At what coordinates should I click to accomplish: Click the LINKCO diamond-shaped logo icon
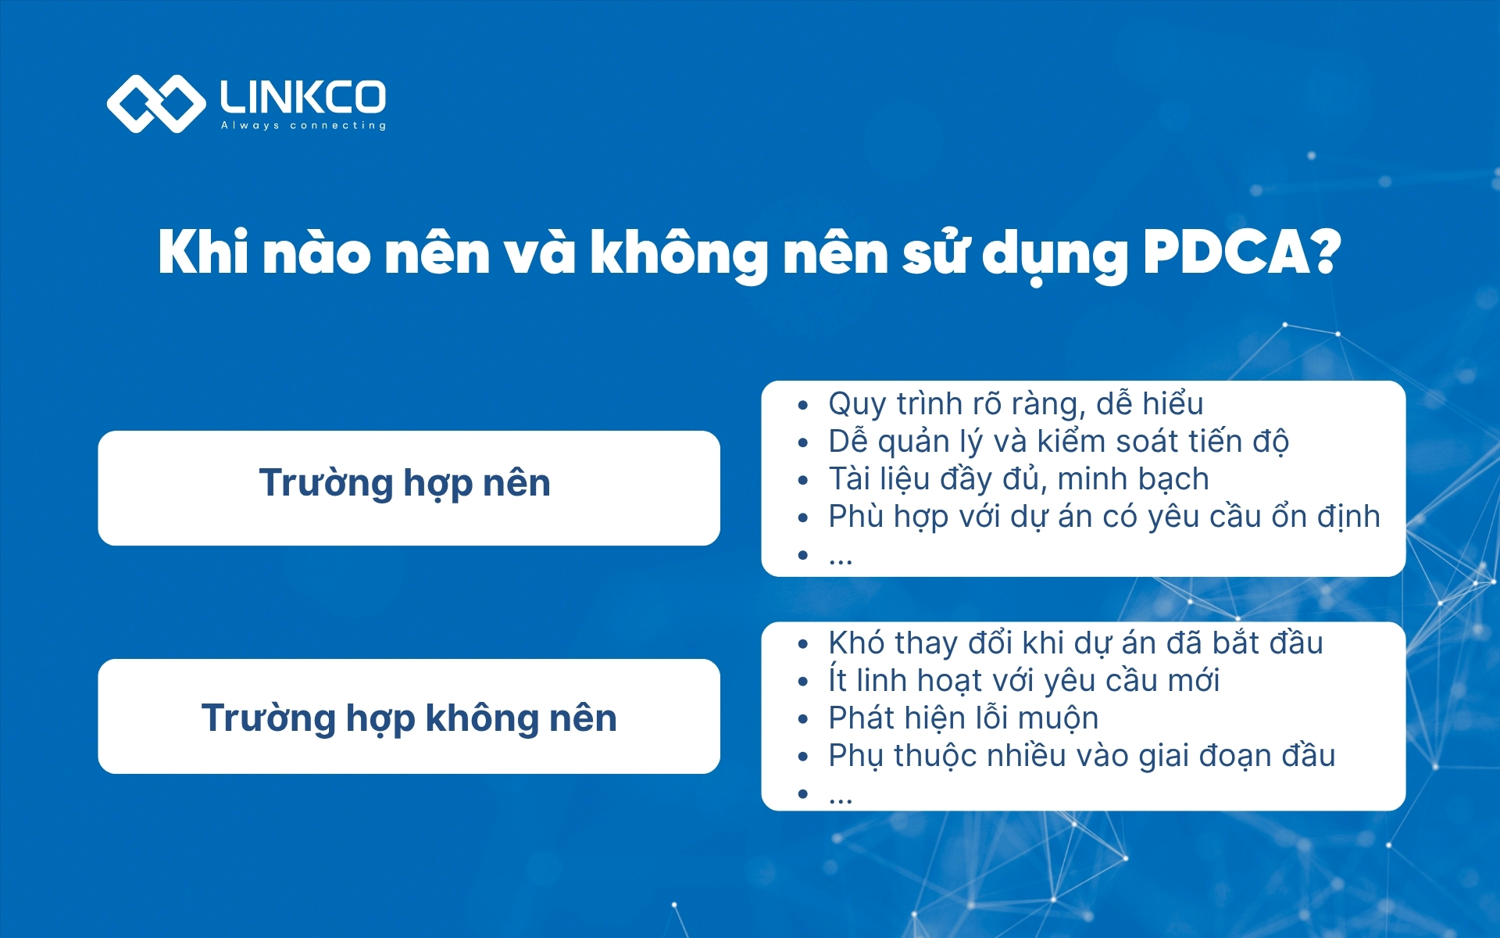[x=155, y=104]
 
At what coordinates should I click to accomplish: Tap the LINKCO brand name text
[x=303, y=97]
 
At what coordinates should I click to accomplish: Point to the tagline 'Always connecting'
[x=303, y=125]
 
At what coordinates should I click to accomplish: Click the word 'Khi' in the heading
[x=202, y=253]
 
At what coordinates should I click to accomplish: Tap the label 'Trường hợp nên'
[x=405, y=483]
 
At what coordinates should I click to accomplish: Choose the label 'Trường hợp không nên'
[x=409, y=718]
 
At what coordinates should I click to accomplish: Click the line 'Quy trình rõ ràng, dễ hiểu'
[x=1015, y=404]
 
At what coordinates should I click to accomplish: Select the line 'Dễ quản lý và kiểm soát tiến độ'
[x=1058, y=442]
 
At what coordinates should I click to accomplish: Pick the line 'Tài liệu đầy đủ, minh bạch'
[x=1018, y=479]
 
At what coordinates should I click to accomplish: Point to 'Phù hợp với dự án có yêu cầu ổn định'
[x=1103, y=517]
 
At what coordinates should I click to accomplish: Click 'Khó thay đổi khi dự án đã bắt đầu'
[x=1075, y=643]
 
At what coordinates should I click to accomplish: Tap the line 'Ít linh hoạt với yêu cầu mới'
[x=1023, y=681]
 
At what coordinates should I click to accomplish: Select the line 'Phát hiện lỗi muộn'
[x=962, y=718]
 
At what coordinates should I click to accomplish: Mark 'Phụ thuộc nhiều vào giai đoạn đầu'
[x=1081, y=756]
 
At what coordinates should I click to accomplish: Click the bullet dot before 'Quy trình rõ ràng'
[x=802, y=406]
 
